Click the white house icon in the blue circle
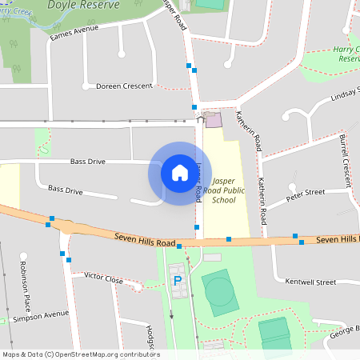[x=175, y=173]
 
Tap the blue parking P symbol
[x=178, y=281]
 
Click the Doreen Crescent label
[x=123, y=86]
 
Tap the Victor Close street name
[x=103, y=278]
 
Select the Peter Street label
[x=306, y=193]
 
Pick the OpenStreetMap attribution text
[x=80, y=354]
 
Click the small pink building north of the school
[x=213, y=120]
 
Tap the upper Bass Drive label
[x=87, y=162]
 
